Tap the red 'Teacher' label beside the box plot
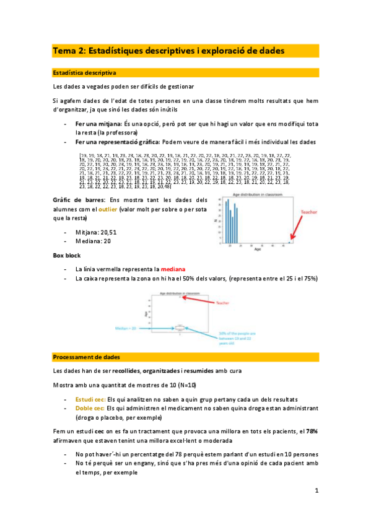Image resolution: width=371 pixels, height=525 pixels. (222, 303)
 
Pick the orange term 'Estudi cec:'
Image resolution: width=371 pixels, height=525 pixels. (89, 399)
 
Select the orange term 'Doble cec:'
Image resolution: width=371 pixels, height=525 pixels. (89, 408)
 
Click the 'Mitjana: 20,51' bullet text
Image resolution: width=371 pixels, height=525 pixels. (95, 232)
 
